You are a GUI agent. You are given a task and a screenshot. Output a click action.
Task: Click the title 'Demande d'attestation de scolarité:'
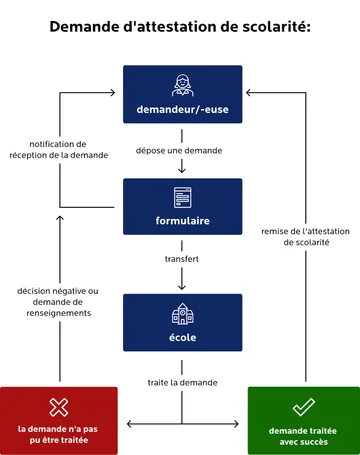pyautogui.click(x=180, y=26)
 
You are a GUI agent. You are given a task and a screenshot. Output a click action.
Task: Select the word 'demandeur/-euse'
pyautogui.click(x=182, y=108)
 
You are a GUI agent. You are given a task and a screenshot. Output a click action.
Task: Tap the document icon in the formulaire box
pyautogui.click(x=182, y=197)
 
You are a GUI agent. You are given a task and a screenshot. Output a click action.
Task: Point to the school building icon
pyautogui.click(x=182, y=312)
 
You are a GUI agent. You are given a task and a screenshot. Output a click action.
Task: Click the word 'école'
pyautogui.click(x=182, y=337)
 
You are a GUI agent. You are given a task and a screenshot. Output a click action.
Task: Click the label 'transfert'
pyautogui.click(x=182, y=259)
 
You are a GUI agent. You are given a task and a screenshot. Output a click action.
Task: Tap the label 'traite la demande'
pyautogui.click(x=182, y=382)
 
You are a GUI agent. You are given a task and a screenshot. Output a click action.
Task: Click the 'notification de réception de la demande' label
pyautogui.click(x=58, y=149)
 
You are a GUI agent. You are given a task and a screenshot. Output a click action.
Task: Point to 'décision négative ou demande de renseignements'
pyautogui.click(x=58, y=302)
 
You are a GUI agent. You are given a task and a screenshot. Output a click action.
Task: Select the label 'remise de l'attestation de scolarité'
pyautogui.click(x=302, y=235)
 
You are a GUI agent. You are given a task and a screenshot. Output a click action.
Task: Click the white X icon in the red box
pyautogui.click(x=58, y=407)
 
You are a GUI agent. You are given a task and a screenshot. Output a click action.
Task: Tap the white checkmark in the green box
pyautogui.click(x=303, y=407)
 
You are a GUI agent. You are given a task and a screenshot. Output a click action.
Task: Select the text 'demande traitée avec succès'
pyautogui.click(x=303, y=436)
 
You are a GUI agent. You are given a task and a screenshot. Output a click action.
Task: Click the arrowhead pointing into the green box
pyautogui.click(x=242, y=424)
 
